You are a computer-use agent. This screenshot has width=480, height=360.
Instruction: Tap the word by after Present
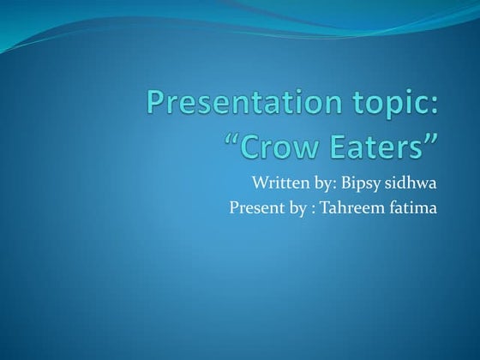tap(294, 208)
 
